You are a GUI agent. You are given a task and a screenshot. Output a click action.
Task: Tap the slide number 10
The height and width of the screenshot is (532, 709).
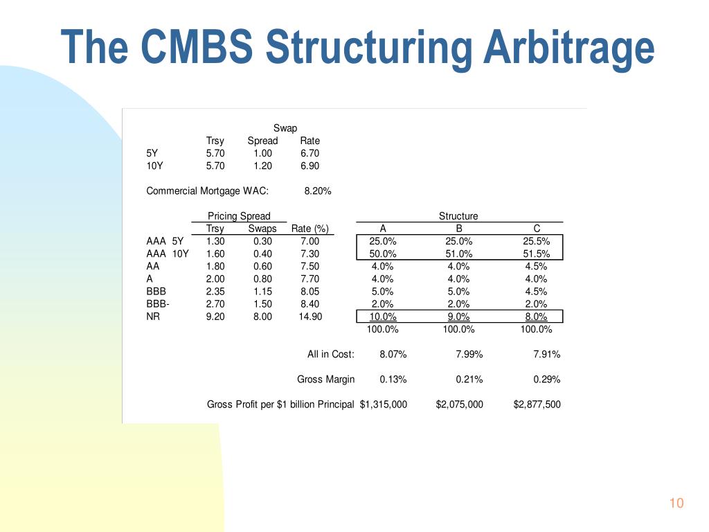click(676, 504)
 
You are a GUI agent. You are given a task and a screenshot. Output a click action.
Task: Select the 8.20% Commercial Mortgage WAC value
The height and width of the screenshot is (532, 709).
click(317, 191)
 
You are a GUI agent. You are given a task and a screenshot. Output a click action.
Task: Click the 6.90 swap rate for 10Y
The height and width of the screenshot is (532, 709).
click(309, 166)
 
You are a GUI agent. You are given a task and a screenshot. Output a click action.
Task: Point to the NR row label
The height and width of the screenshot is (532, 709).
click(153, 317)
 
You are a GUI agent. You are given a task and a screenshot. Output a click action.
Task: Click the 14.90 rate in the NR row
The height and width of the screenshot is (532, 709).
click(309, 317)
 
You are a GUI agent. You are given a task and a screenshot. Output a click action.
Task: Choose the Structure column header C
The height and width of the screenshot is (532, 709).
click(537, 229)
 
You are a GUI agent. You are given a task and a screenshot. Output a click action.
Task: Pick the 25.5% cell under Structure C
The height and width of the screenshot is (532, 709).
click(537, 242)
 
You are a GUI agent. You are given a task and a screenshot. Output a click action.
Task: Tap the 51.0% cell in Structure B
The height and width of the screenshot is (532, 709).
click(458, 254)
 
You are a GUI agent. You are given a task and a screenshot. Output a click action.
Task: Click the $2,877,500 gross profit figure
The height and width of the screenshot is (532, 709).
click(537, 405)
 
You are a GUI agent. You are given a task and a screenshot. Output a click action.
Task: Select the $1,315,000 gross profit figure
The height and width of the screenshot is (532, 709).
click(384, 405)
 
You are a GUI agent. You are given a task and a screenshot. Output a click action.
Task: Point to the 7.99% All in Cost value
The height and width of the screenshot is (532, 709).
click(469, 355)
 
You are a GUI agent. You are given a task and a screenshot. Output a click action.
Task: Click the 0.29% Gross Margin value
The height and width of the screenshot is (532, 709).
click(546, 380)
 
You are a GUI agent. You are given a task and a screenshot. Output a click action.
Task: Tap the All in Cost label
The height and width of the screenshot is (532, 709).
click(330, 355)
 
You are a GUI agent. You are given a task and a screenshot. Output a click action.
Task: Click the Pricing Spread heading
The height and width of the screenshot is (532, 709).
click(239, 216)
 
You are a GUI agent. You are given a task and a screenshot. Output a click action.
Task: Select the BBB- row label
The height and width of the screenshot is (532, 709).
click(158, 304)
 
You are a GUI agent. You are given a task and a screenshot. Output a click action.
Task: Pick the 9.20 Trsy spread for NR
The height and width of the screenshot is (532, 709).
click(215, 317)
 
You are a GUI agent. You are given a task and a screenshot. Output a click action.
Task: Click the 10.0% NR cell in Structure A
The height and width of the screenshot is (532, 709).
click(383, 317)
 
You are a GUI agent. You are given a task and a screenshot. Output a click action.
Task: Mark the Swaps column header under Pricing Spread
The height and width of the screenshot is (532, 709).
click(262, 229)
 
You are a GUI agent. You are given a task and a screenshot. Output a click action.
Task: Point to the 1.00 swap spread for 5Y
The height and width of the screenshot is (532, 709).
click(262, 154)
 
